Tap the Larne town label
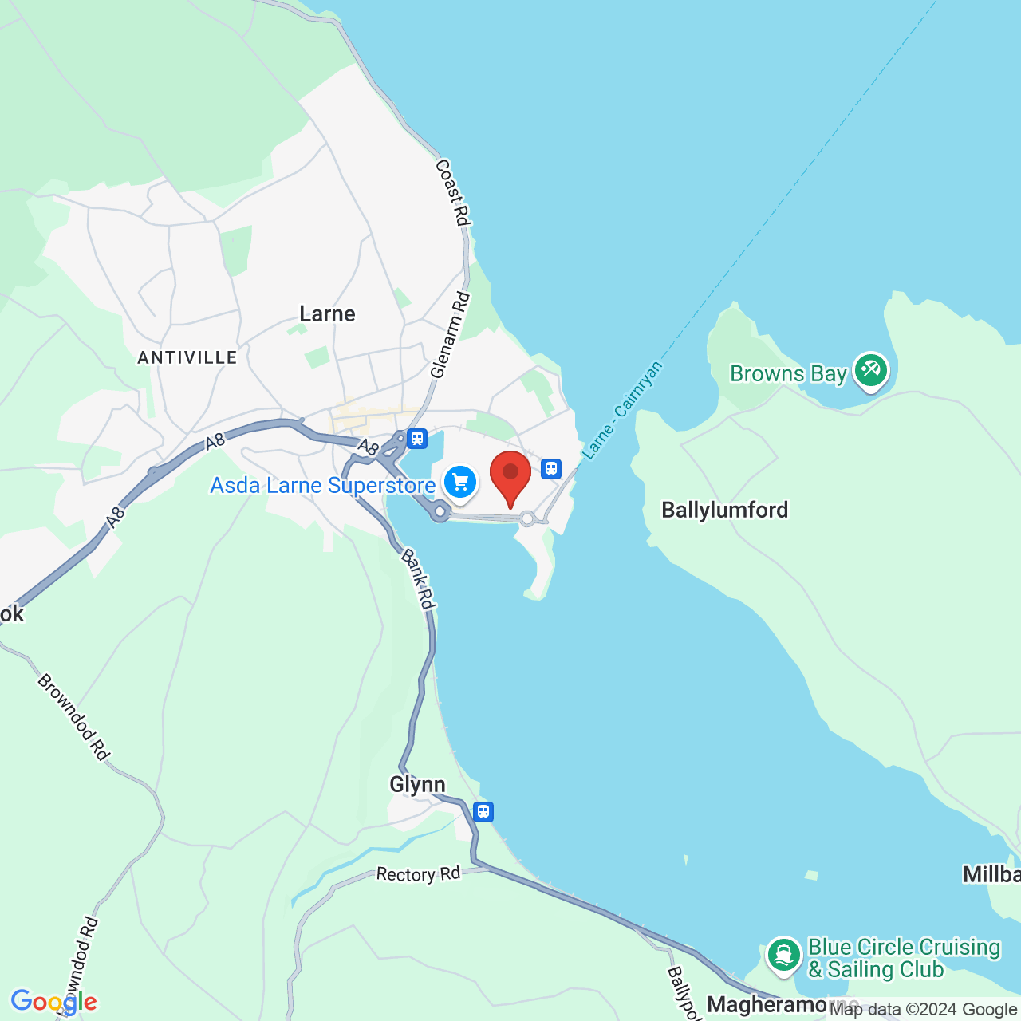(x=327, y=313)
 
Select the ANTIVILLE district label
(x=187, y=357)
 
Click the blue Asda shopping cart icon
(x=459, y=482)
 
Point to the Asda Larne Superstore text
(x=322, y=485)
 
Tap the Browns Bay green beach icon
(x=870, y=370)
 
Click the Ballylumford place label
(x=724, y=510)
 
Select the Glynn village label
(x=417, y=784)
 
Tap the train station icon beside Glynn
(x=483, y=812)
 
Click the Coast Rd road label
(x=452, y=192)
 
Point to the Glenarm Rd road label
(x=450, y=335)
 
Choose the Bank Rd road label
(x=418, y=579)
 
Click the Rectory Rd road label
(x=418, y=874)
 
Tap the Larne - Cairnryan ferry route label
(x=622, y=410)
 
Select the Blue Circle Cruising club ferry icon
(x=783, y=955)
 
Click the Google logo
(x=53, y=1002)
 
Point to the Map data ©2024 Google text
(x=923, y=1010)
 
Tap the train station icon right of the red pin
(x=550, y=468)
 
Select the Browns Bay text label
(x=788, y=373)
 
